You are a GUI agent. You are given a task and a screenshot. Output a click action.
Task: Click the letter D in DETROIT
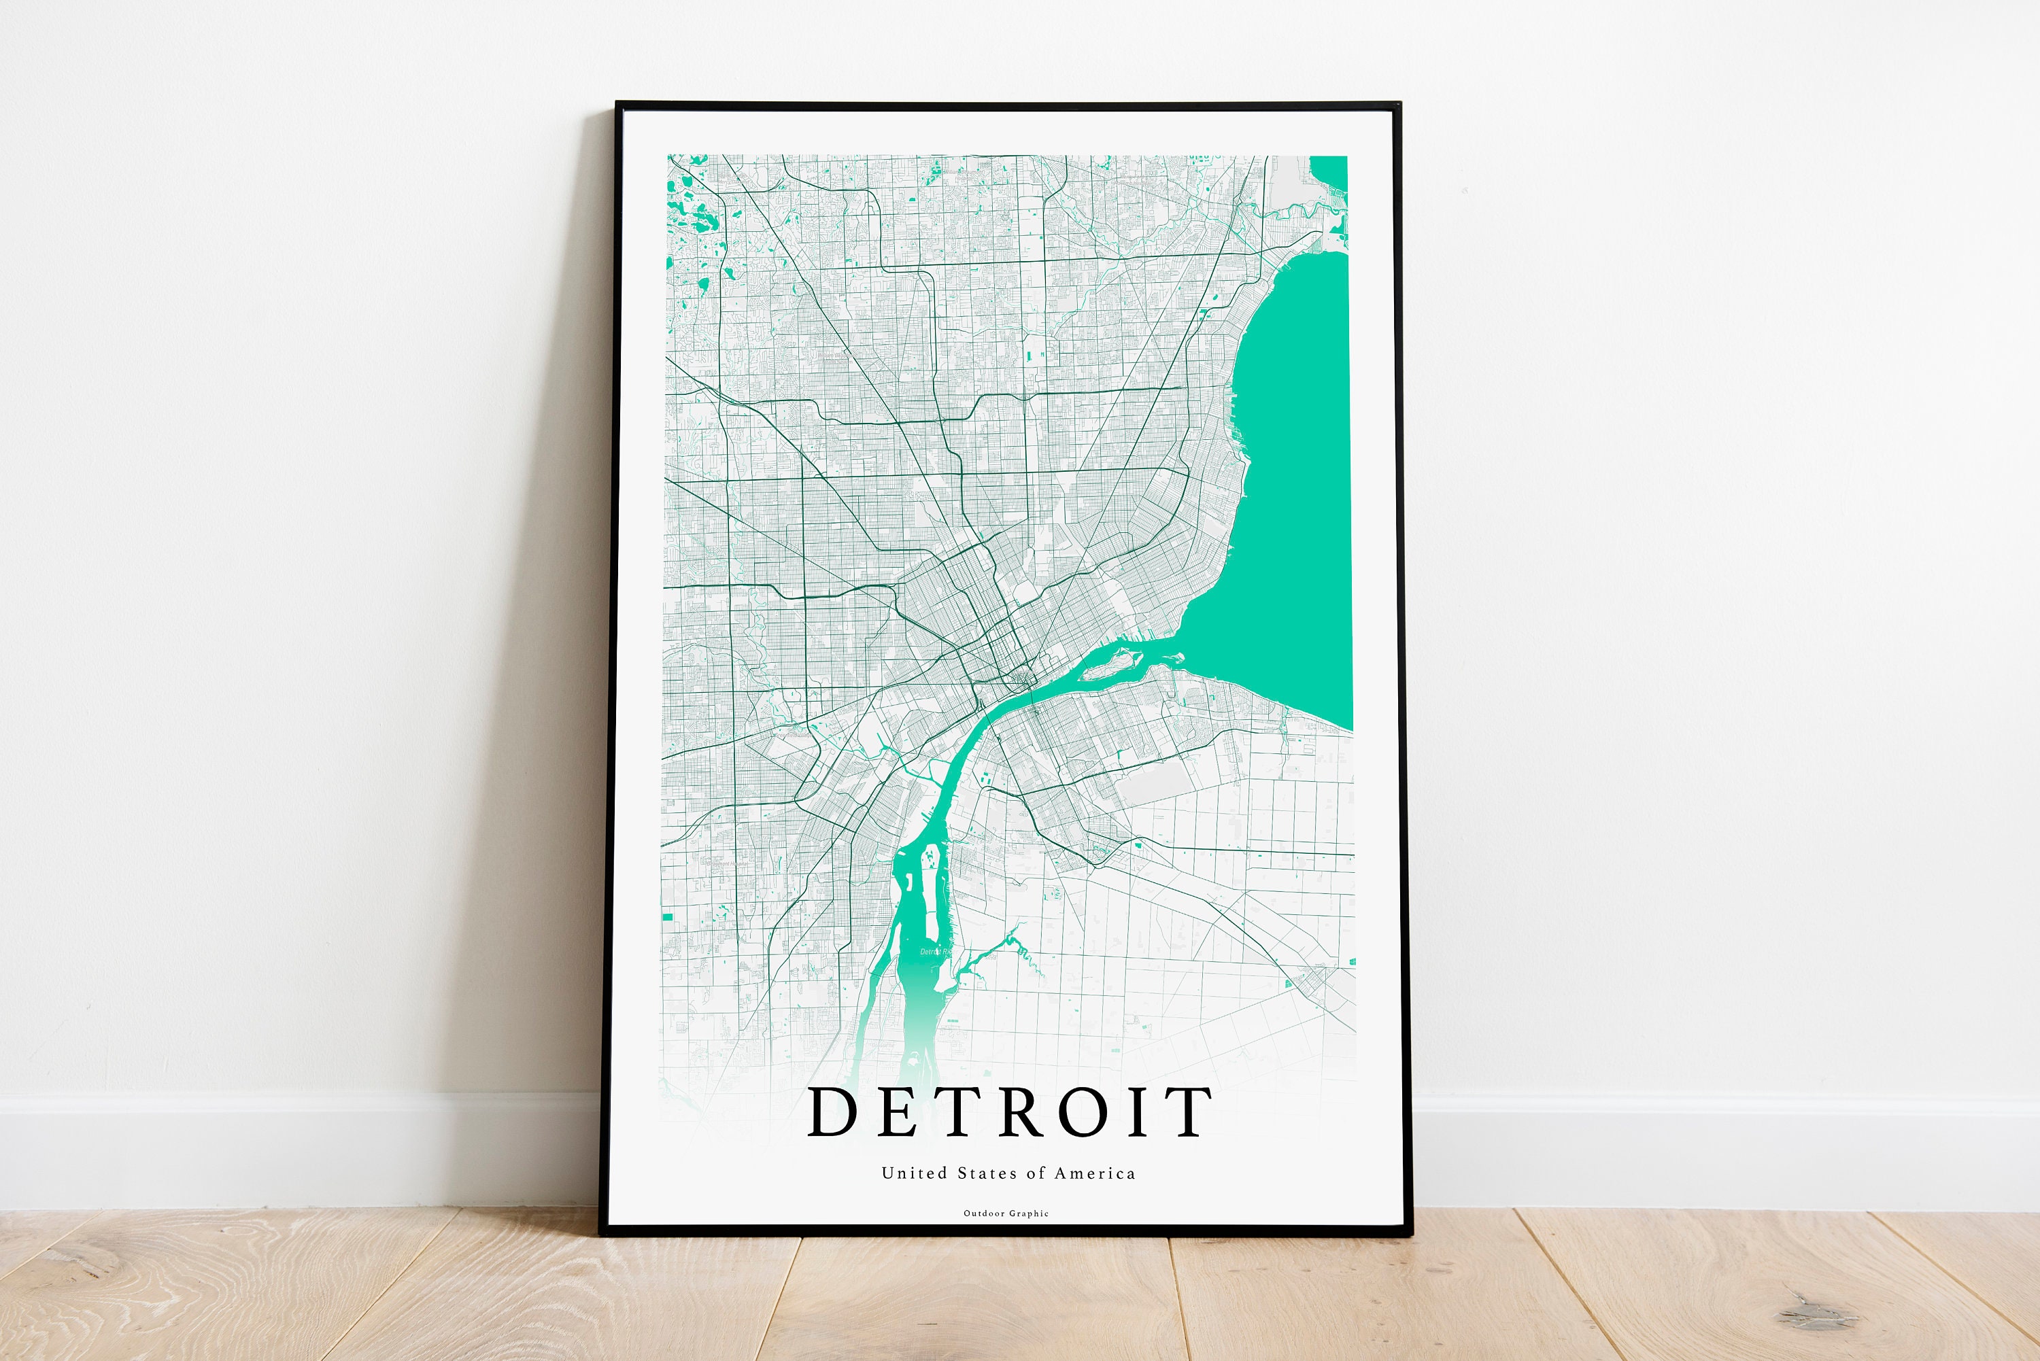832,1112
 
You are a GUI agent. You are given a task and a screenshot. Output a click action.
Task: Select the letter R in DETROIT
1023,1112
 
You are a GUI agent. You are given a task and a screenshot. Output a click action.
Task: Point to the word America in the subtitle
1095,1173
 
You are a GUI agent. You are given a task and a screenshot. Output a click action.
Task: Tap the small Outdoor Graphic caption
1006,1213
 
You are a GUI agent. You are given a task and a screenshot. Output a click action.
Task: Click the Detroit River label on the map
935,952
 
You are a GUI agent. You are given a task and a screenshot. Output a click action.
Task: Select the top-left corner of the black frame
618,105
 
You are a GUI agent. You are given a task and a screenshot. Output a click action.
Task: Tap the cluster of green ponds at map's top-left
694,213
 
